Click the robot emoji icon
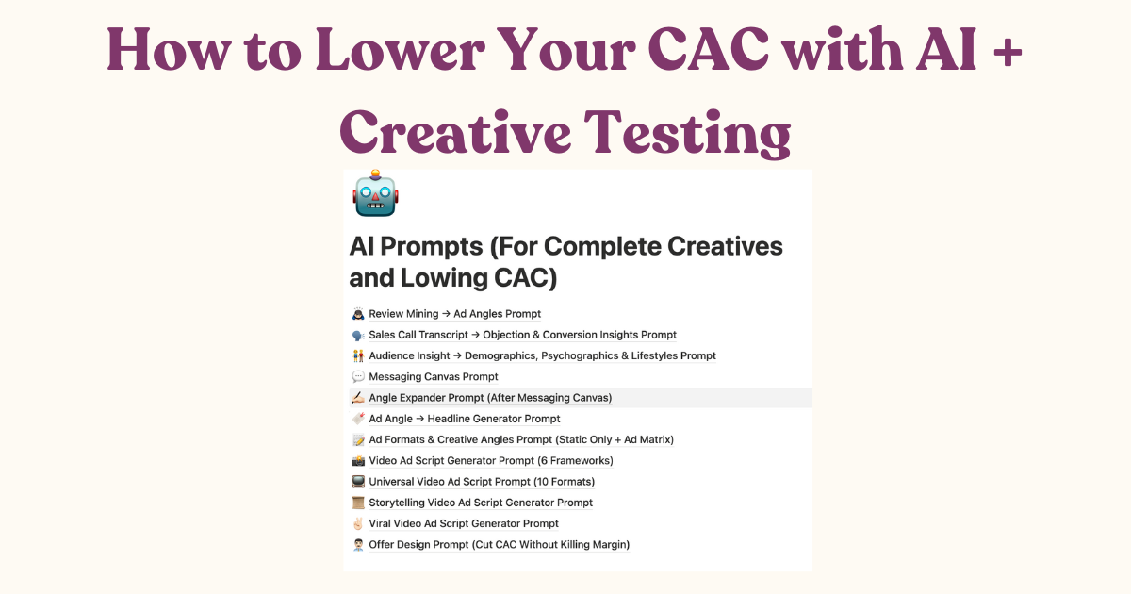376,195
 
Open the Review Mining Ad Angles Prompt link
454,314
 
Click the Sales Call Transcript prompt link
522,335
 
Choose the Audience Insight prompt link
542,355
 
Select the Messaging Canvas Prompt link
433,377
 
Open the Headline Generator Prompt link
464,419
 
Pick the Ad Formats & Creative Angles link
520,439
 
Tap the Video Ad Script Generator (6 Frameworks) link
490,461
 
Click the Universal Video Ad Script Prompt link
481,482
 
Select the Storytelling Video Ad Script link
481,503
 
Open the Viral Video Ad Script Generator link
463,523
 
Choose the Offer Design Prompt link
499,544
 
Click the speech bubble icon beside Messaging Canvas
358,377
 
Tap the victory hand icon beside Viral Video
358,523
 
